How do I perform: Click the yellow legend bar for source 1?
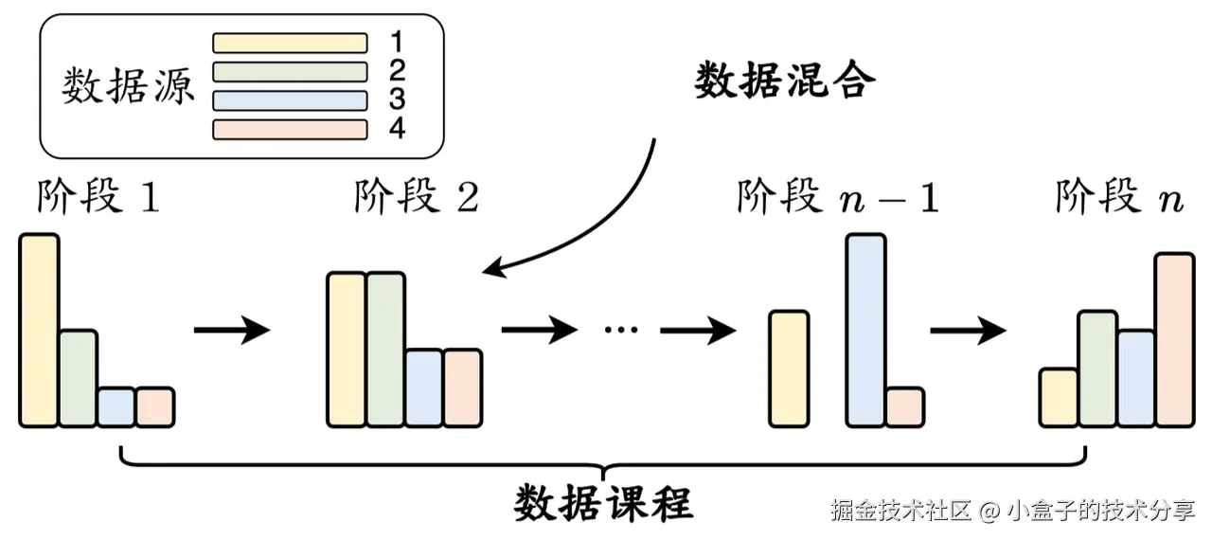coord(290,43)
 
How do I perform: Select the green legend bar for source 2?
coord(290,71)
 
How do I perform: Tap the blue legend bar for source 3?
coord(290,100)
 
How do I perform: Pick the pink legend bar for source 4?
coord(290,129)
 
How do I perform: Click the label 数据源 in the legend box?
coord(128,87)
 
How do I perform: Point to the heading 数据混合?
coord(785,81)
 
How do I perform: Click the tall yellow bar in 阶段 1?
coord(39,330)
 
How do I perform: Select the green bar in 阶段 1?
coord(78,378)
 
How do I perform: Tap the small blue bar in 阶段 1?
coord(116,406)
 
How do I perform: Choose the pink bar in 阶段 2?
coord(462,387)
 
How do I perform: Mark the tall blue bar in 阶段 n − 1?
coord(866,330)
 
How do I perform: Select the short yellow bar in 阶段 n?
coord(1058,397)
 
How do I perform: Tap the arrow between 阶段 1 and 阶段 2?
coord(232,331)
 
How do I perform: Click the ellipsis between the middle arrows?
coord(620,331)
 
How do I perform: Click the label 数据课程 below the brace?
coord(604,503)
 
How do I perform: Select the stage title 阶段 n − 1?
coord(838,198)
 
